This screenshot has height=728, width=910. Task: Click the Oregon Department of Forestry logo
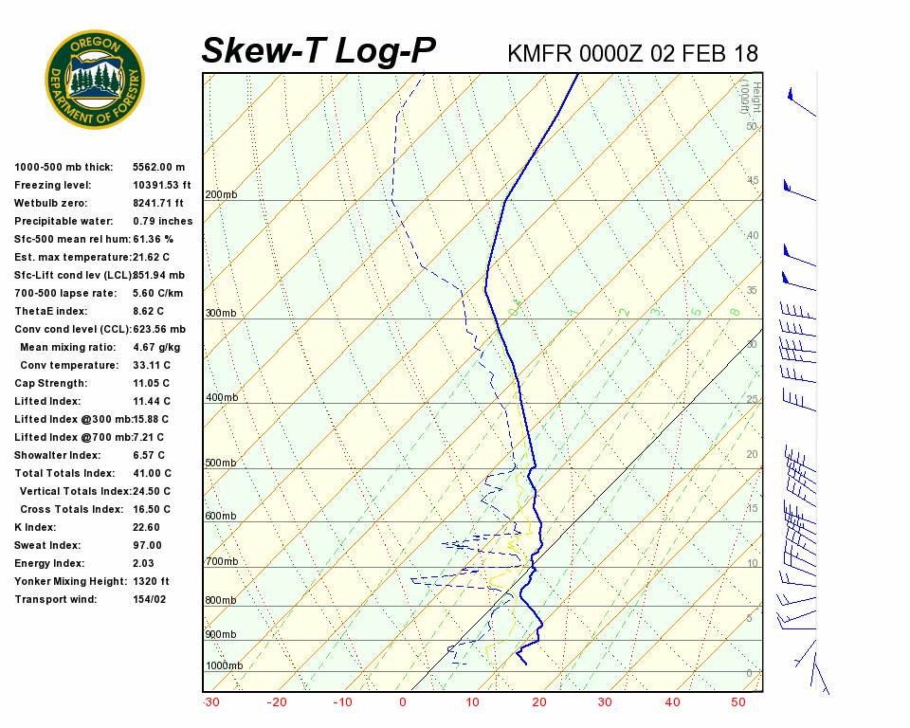(95, 80)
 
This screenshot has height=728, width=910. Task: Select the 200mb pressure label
(222, 194)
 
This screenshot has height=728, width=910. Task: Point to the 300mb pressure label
(222, 313)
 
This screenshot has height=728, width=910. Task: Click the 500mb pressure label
(222, 463)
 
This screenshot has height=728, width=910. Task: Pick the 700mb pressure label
(222, 562)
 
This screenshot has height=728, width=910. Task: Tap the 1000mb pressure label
(225, 665)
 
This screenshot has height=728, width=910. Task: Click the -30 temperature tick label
(211, 702)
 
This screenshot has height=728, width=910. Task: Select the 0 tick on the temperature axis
(403, 702)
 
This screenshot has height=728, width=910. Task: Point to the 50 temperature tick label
(739, 702)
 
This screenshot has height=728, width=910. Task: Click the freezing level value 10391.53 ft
(162, 185)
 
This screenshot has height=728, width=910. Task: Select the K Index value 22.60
(147, 527)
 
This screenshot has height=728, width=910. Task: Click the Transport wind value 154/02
(150, 599)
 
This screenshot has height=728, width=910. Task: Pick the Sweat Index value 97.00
(147, 545)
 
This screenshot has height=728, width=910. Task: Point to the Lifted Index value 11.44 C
(151, 401)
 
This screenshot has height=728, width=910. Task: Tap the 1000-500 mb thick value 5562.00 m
(159, 167)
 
